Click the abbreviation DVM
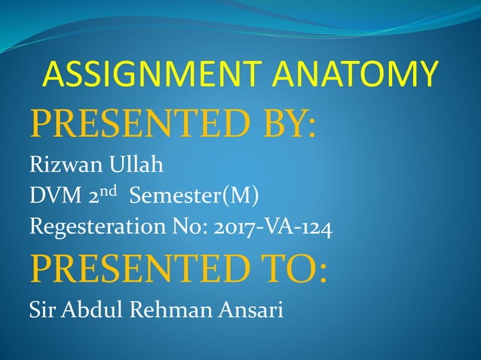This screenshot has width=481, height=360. [x=51, y=197]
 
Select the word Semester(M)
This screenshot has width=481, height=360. [x=195, y=197]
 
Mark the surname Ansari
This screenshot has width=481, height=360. [x=250, y=310]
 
